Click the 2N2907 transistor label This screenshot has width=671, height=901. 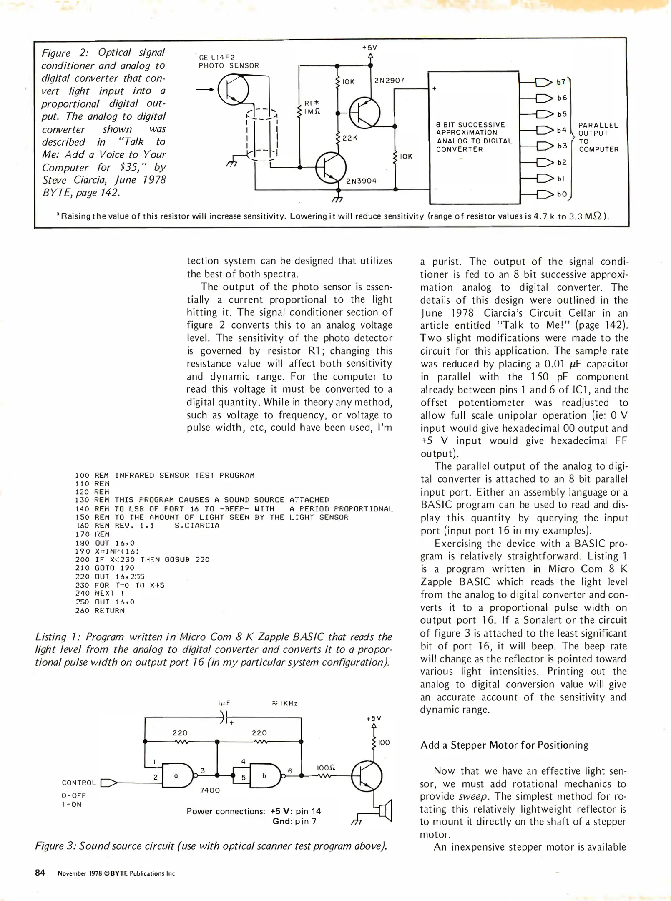click(x=389, y=81)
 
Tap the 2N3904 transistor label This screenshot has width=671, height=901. click(x=361, y=181)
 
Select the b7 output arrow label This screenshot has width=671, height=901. click(x=561, y=82)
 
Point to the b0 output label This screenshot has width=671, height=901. click(x=562, y=194)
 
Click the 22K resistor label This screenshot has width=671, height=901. click(x=349, y=138)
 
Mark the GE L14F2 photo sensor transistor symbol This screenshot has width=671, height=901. click(x=233, y=89)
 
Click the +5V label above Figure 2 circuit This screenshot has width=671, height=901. click(x=369, y=48)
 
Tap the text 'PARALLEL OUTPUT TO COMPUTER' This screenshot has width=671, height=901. click(x=598, y=137)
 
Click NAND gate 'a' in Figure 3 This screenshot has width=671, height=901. click(x=176, y=775)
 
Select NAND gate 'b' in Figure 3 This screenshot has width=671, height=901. click(x=264, y=775)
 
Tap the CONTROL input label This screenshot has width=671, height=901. click(x=79, y=783)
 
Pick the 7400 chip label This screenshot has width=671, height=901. click(x=210, y=790)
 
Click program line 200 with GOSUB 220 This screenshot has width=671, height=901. click(x=142, y=559)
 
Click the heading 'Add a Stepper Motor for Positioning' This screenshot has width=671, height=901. click(x=504, y=745)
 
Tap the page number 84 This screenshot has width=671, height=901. click(x=40, y=873)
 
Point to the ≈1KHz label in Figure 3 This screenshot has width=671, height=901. click(x=284, y=703)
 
